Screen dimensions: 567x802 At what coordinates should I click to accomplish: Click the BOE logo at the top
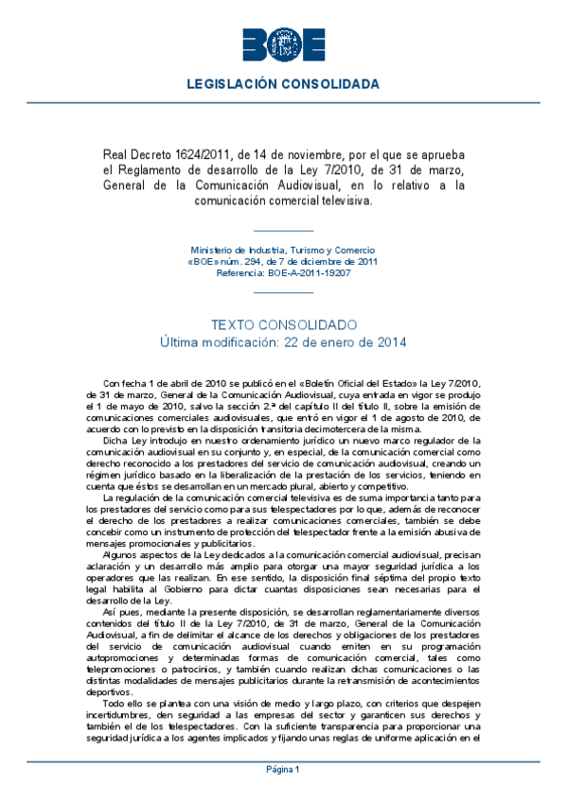pos(283,44)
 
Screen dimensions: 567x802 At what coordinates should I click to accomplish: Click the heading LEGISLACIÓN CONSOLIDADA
pos(283,84)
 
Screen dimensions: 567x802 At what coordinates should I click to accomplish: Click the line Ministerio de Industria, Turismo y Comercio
pos(283,250)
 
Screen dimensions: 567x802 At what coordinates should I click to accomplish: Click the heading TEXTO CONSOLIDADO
pos(283,324)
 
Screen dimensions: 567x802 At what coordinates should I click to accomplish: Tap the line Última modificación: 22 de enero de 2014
pos(283,341)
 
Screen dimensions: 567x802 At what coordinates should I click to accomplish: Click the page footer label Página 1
pos(283,769)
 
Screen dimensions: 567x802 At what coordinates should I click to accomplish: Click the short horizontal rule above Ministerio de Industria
pos(283,231)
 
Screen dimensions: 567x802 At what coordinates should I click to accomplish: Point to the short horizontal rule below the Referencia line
pos(283,292)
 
